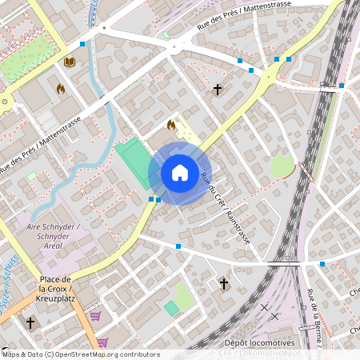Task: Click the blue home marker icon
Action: [180, 173]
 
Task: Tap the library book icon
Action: [70, 62]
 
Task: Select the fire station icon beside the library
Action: [61, 89]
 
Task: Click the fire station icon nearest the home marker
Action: [170, 125]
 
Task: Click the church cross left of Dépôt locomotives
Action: [224, 284]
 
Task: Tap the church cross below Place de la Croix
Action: [30, 322]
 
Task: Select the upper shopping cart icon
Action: [95, 316]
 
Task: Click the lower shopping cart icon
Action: [102, 342]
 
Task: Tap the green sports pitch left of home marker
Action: [132, 163]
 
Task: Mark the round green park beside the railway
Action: [282, 167]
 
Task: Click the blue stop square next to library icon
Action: [83, 44]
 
